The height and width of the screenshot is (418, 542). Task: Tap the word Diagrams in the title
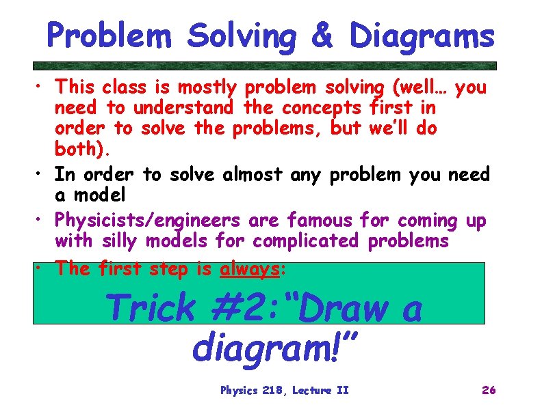pyautogui.click(x=422, y=36)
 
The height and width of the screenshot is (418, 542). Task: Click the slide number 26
pyautogui.click(x=489, y=390)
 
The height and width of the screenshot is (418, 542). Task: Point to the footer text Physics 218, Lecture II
pyautogui.click(x=284, y=390)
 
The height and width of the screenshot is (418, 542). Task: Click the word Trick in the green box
pyautogui.click(x=151, y=308)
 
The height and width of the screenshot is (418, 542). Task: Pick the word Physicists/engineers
pyautogui.click(x=147, y=221)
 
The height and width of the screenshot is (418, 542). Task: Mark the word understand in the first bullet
pyautogui.click(x=183, y=108)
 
